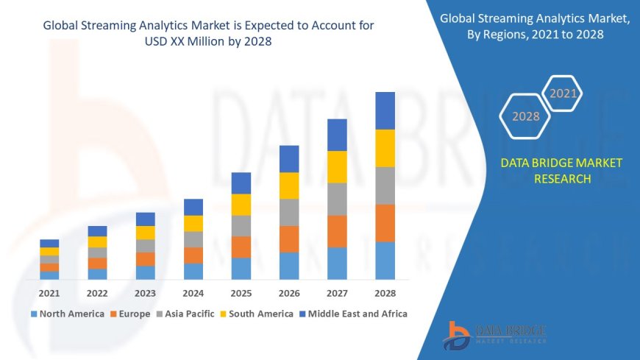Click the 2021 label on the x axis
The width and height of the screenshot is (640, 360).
pyautogui.click(x=49, y=293)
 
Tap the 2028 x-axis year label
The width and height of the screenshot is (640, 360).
pyautogui.click(x=385, y=293)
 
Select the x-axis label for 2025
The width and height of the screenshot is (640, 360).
pyautogui.click(x=241, y=293)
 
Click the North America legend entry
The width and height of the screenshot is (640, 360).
pyautogui.click(x=67, y=314)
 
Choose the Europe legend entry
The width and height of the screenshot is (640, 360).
pyautogui.click(x=133, y=314)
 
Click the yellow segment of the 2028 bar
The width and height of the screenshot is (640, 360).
pyautogui.click(x=385, y=148)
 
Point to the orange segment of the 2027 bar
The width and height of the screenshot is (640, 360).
pyautogui.click(x=337, y=231)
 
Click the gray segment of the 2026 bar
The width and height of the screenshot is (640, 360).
pyautogui.click(x=289, y=212)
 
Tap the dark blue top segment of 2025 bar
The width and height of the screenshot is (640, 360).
pyautogui.click(x=241, y=183)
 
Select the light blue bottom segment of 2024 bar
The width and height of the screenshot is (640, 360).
pyautogui.click(x=193, y=271)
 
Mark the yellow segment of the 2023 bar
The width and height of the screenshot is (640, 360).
pyautogui.click(x=146, y=233)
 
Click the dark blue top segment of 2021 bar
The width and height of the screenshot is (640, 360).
pyautogui.click(x=49, y=243)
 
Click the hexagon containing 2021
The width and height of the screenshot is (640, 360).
pyautogui.click(x=563, y=93)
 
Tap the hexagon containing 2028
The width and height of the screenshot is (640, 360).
pyautogui.click(x=525, y=116)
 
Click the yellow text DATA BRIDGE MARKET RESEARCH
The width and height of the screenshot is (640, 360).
pyautogui.click(x=561, y=170)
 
